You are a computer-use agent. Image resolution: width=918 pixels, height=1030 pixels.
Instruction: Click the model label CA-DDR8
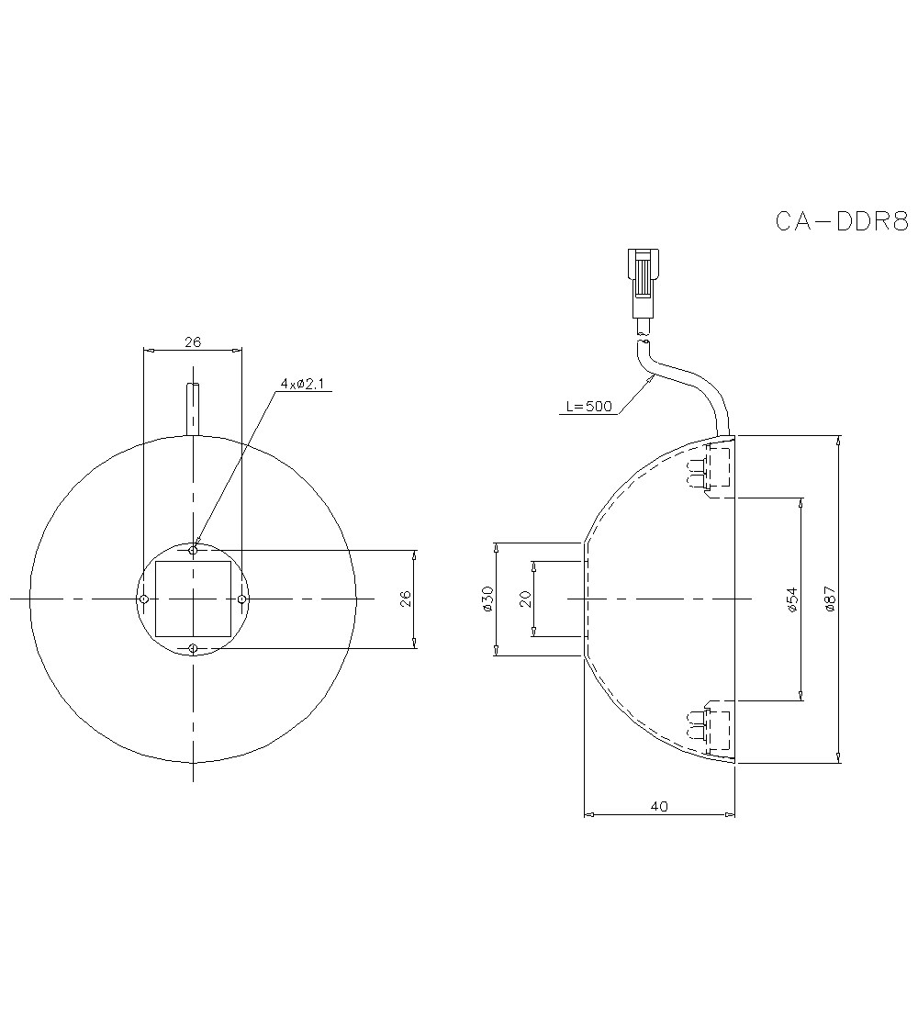[841, 222]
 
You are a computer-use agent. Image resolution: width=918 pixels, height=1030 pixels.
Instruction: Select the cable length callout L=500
[588, 407]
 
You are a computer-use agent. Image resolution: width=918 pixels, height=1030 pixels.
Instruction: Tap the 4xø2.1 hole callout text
[304, 384]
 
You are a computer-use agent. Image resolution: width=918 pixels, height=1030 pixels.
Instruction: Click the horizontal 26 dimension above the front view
[193, 342]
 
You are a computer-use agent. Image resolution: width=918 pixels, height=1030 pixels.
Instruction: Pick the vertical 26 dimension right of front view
[406, 599]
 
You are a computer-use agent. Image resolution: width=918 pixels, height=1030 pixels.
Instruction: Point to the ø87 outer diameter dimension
[830, 599]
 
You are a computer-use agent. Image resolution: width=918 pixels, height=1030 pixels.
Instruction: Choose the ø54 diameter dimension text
[792, 599]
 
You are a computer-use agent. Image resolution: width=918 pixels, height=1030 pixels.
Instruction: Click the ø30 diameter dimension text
[487, 599]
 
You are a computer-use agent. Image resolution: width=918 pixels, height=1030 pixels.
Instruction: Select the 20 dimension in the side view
[525, 599]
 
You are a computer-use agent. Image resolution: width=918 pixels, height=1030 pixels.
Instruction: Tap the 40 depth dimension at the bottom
[659, 806]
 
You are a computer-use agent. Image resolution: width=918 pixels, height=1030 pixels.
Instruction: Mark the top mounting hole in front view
[193, 550]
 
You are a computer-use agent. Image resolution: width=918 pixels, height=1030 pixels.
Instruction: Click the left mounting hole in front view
[144, 599]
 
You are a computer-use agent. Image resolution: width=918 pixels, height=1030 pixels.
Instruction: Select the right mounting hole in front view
[241, 599]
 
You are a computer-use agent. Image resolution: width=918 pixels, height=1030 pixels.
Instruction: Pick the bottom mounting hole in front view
[193, 648]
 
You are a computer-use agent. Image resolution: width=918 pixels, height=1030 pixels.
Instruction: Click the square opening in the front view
[193, 599]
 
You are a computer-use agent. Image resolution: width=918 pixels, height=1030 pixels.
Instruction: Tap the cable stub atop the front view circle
[193, 408]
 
